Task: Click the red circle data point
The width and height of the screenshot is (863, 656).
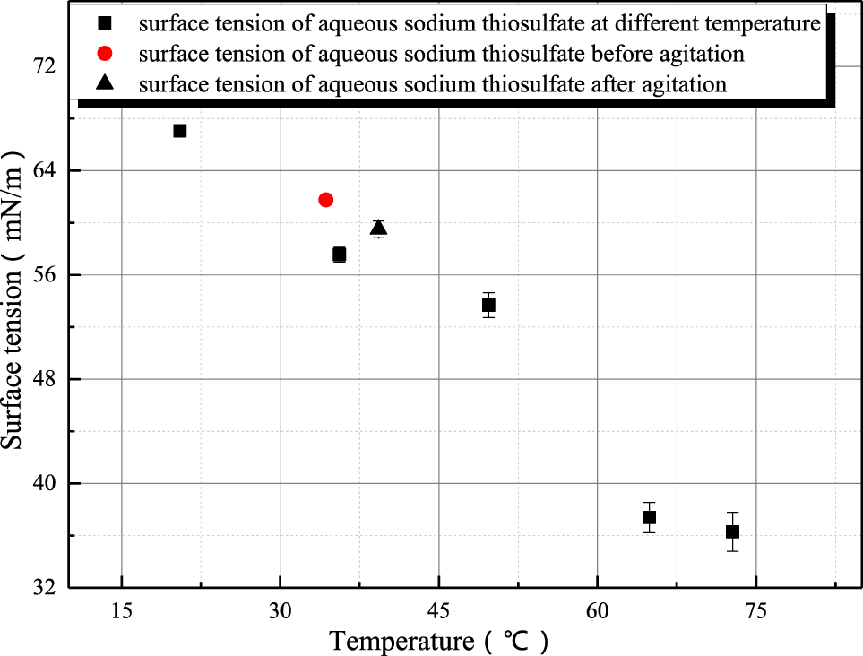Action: pos(325,200)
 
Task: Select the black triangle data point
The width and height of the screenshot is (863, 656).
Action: pos(378,228)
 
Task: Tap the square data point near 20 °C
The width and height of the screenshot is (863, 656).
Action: pos(179,131)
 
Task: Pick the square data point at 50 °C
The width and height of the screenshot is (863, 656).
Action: pos(488,305)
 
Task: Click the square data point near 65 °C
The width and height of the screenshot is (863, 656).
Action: pos(649,517)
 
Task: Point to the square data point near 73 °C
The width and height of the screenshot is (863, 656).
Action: pos(732,531)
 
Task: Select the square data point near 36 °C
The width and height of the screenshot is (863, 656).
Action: pos(339,255)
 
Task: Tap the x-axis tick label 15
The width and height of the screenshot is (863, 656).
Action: pos(122,609)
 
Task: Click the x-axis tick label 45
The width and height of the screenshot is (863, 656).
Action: pos(439,609)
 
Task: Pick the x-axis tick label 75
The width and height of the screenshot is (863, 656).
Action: pos(756,609)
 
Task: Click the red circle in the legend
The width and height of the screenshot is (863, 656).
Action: pos(105,54)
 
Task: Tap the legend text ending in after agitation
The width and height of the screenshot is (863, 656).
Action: pos(433,84)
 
